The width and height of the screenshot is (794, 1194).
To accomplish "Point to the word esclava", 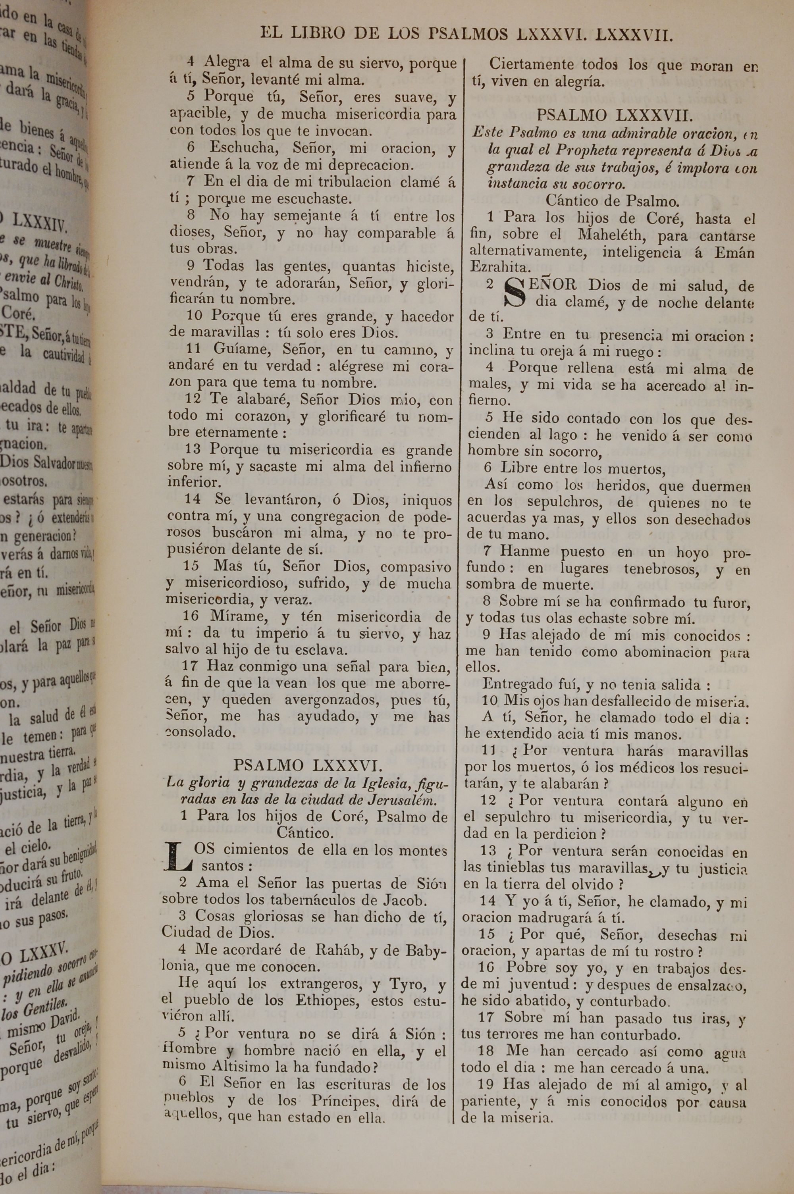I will pos(322,649).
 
